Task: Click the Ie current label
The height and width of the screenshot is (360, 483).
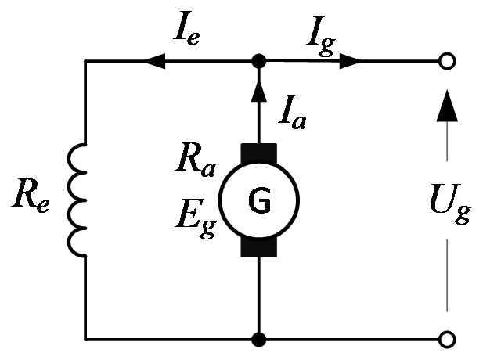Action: point(187,29)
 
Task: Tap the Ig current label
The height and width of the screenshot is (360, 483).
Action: point(321,36)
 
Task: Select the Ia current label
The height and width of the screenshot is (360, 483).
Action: point(292,112)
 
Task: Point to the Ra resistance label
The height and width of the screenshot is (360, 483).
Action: point(196,160)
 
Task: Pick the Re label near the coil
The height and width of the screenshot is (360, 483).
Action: point(31,195)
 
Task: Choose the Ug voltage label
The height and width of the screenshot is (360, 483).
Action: point(450,203)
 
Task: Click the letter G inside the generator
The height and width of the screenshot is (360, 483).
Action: point(259,200)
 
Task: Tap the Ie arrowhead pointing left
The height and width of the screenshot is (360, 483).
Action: point(155,61)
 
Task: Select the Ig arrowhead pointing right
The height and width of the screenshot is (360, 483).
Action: point(350,61)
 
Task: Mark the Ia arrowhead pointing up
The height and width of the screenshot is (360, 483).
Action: point(259,91)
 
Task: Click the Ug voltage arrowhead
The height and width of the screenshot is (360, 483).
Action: point(447,106)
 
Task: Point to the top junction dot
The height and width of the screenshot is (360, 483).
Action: point(259,61)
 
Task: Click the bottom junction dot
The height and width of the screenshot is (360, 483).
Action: point(259,340)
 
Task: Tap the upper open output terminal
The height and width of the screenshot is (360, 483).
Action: point(447,61)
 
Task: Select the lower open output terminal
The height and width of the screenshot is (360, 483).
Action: point(447,340)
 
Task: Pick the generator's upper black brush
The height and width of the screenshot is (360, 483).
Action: point(259,152)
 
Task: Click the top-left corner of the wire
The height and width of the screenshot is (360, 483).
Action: point(85,61)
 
